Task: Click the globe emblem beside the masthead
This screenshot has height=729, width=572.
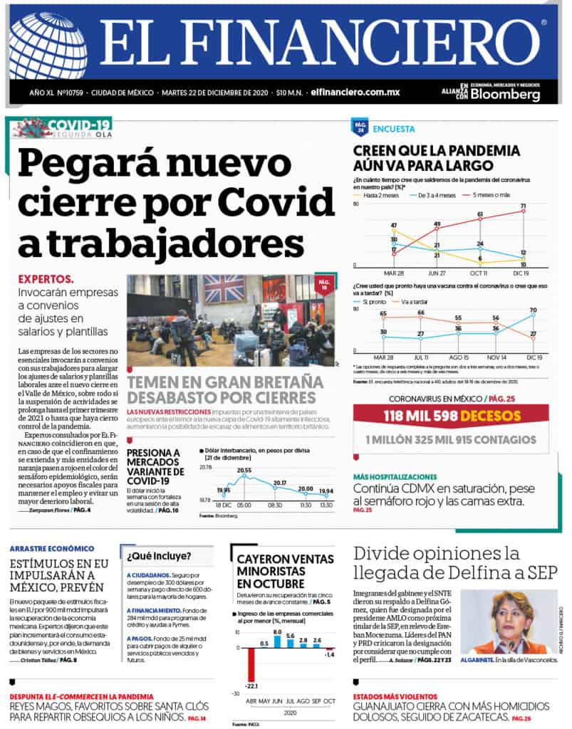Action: pyautogui.click(x=48, y=45)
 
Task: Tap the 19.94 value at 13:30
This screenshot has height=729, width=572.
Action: pyautogui.click(x=326, y=491)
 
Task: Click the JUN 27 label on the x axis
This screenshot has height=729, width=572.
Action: pyautogui.click(x=437, y=272)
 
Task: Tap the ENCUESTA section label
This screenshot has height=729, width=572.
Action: pyautogui.click(x=394, y=129)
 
